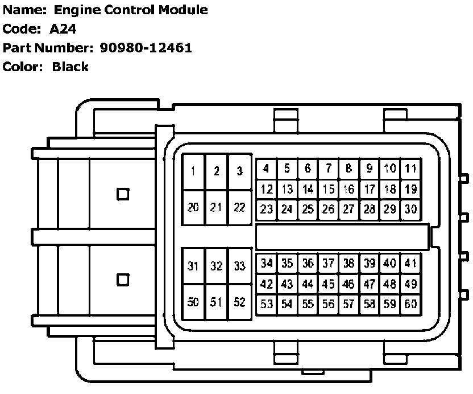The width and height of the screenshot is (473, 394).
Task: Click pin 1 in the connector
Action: [194, 171]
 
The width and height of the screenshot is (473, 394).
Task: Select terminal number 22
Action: [239, 208]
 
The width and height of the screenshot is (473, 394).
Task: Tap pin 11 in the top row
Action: [410, 169]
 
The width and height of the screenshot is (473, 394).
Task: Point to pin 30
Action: [410, 209]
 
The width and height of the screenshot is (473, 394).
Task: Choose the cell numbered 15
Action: [328, 189]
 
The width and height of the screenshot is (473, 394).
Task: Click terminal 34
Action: [267, 264]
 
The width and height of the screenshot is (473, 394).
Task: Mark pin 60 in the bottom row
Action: [410, 304]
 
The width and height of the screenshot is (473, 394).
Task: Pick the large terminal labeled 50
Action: [194, 302]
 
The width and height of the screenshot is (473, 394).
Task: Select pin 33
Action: [239, 266]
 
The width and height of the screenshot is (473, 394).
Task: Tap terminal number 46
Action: [348, 284]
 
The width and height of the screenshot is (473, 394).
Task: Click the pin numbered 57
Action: [348, 304]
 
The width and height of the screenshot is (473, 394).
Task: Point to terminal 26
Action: [328, 209]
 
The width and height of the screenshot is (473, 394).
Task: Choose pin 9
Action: [370, 169]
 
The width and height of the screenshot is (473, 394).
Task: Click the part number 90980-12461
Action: [146, 48]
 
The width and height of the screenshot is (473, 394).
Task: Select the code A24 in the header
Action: [63, 29]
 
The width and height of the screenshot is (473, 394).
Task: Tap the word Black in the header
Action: [70, 67]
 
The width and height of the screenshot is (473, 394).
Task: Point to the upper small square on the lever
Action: [122, 194]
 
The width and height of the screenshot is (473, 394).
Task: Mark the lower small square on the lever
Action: [122, 280]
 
